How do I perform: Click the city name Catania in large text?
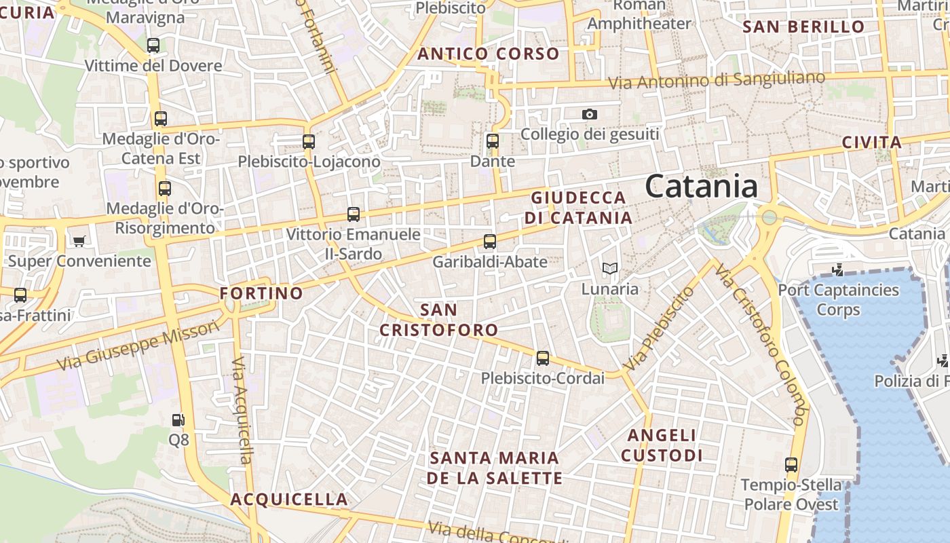701,186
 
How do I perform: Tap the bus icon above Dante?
493,141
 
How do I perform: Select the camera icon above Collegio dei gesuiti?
590,114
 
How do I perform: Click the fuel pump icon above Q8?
178,421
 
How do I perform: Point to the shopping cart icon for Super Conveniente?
79,241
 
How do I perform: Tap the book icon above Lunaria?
610,269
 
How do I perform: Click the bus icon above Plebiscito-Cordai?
542,358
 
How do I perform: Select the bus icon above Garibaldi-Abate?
490,241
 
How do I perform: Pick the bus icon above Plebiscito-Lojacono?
309,141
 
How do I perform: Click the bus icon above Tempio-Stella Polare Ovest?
791,465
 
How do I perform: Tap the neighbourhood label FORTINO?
261,293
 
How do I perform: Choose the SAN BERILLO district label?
804,27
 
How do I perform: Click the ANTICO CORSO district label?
489,54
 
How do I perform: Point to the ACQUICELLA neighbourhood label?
289,500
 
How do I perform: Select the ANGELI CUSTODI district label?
662,445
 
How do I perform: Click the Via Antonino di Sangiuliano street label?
717,80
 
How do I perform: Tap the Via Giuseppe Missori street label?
138,345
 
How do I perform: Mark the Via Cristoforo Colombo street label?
761,343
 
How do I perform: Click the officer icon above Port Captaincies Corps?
837,270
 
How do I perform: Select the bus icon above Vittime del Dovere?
153,45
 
